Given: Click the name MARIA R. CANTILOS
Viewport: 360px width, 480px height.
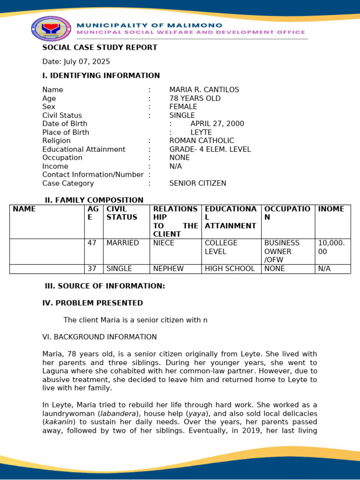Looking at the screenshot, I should pos(204,90).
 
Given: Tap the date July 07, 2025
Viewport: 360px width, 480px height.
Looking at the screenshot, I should pos(76,61).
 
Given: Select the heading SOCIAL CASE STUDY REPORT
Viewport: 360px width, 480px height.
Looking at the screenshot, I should pos(100,47).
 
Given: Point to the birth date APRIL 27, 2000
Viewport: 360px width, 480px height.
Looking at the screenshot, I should pos(217,124).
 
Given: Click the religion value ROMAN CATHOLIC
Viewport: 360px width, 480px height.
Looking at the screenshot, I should pos(202,141).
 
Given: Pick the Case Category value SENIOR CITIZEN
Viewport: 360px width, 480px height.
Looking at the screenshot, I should pos(197,183).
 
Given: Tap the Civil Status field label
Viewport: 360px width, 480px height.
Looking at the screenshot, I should pos(62,115).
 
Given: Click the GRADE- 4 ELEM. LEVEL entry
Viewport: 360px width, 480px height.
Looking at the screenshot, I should pos(210,149).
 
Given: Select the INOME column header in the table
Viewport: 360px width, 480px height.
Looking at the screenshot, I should pos(331,209).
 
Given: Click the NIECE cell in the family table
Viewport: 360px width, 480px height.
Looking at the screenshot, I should pos(164,243).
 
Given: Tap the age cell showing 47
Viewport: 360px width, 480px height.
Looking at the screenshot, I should pos(92,243).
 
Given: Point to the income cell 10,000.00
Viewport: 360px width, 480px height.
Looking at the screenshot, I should pos(331,247).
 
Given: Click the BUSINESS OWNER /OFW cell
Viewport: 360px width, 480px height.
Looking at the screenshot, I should pos(282,251).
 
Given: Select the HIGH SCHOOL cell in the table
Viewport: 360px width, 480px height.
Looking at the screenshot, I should pos(230,269).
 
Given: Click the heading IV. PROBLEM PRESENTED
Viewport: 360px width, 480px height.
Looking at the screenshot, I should pos(92,303).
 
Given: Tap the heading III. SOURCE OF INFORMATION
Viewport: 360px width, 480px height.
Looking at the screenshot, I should pos(105,286).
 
